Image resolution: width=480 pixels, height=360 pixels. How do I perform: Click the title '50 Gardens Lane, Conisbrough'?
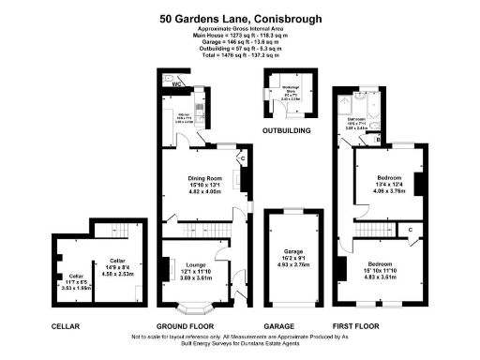[x=239, y=16]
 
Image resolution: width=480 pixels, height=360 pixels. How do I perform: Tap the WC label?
[x=164, y=82]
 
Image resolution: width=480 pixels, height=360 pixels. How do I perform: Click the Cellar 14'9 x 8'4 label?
[x=117, y=266]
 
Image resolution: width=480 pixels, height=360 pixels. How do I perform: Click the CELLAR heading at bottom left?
[x=66, y=326]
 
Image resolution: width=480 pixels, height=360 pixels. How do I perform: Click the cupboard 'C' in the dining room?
[x=243, y=159]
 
